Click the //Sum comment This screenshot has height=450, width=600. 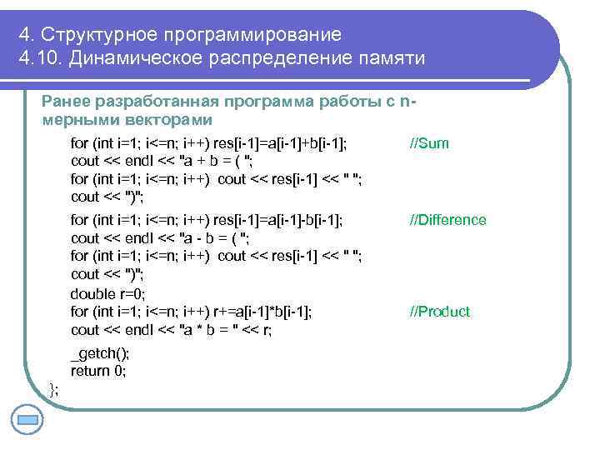(429, 143)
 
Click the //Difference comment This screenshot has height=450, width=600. (447, 220)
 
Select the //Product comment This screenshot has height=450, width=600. (439, 312)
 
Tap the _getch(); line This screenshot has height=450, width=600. (99, 352)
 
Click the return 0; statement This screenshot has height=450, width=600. (98, 371)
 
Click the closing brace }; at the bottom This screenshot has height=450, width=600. (54, 388)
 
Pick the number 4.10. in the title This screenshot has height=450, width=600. (40, 59)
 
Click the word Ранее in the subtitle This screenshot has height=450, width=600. (67, 102)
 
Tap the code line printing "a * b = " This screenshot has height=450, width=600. (171, 330)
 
